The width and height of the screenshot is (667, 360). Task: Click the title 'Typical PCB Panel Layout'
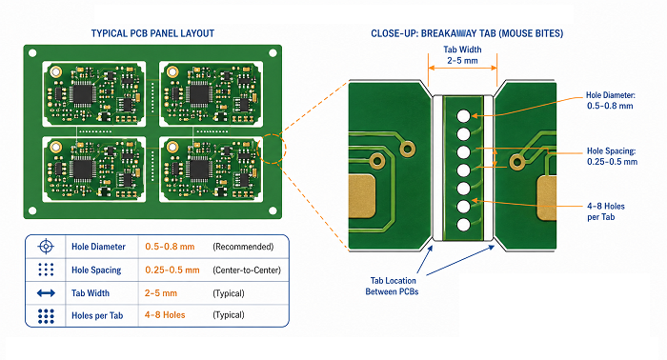[152, 33]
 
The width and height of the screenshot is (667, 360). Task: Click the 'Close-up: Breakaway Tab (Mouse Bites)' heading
[467, 33]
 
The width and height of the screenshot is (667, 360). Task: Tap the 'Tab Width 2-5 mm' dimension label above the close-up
[462, 55]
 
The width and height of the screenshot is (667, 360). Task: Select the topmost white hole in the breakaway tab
[464, 116]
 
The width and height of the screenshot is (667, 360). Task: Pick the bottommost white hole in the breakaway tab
[464, 225]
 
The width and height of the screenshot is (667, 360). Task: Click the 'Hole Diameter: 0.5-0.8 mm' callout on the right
[611, 101]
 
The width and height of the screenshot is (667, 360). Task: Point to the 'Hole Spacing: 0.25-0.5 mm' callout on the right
[612, 156]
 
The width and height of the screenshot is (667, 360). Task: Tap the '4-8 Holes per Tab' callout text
[606, 211]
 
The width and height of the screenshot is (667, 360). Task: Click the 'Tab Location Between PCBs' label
[392, 286]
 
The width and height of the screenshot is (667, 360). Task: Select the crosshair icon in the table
[46, 247]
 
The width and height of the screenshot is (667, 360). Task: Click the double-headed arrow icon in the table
[46, 292]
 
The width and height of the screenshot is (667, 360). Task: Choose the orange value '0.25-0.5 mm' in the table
[172, 270]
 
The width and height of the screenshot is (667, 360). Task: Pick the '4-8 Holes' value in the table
[165, 315]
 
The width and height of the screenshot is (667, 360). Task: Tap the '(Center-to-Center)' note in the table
[247, 270]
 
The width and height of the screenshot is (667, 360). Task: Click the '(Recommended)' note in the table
[243, 247]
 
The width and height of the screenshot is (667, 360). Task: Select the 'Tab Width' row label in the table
[91, 292]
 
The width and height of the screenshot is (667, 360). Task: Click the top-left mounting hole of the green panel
[32, 53]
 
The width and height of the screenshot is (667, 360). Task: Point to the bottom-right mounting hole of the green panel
[273, 210]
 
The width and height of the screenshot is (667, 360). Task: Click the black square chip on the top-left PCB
[84, 94]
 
